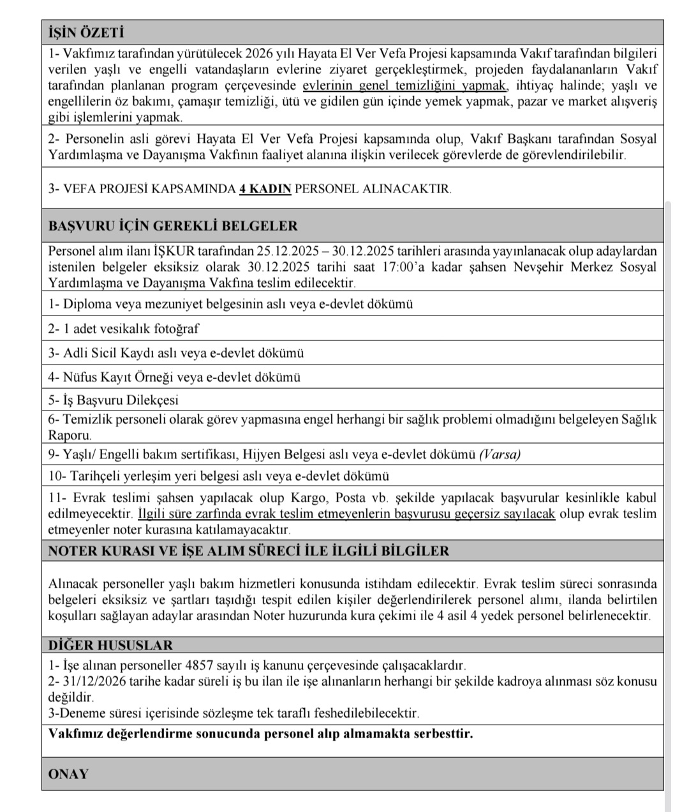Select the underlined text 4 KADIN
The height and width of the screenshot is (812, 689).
point(265,189)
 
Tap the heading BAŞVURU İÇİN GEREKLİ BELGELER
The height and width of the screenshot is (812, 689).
point(173,226)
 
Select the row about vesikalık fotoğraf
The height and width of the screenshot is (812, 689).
point(124,329)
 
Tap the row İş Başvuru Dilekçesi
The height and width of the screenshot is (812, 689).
point(113,400)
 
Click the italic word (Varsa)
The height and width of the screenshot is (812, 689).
point(500,454)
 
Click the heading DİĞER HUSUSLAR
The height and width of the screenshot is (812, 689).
point(110,645)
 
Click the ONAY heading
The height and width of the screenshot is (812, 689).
point(68,774)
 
